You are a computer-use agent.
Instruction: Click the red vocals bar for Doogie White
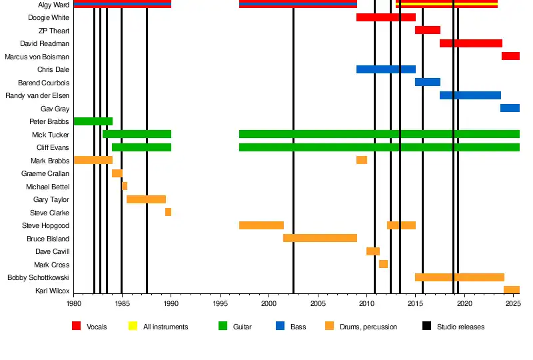click(386, 17)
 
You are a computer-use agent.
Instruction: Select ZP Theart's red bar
click(428, 30)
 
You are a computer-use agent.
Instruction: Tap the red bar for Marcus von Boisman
click(510, 56)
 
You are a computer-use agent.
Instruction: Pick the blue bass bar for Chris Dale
click(386, 69)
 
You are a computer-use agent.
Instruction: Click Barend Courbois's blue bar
click(428, 82)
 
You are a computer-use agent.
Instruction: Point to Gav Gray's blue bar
click(510, 108)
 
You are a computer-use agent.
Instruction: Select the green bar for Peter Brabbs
click(93, 121)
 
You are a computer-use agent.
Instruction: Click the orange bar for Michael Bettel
click(125, 186)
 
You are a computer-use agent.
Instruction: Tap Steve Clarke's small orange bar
click(168, 212)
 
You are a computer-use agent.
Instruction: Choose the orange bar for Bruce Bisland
click(320, 238)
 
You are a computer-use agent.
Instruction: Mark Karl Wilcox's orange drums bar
click(512, 290)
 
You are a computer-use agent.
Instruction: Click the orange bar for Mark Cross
click(383, 264)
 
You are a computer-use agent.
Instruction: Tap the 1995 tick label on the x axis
click(221, 304)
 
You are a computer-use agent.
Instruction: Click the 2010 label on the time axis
click(366, 304)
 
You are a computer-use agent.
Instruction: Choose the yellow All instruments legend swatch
click(133, 327)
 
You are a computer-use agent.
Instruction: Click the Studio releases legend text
click(460, 327)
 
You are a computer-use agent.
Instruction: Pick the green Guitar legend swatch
click(223, 327)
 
